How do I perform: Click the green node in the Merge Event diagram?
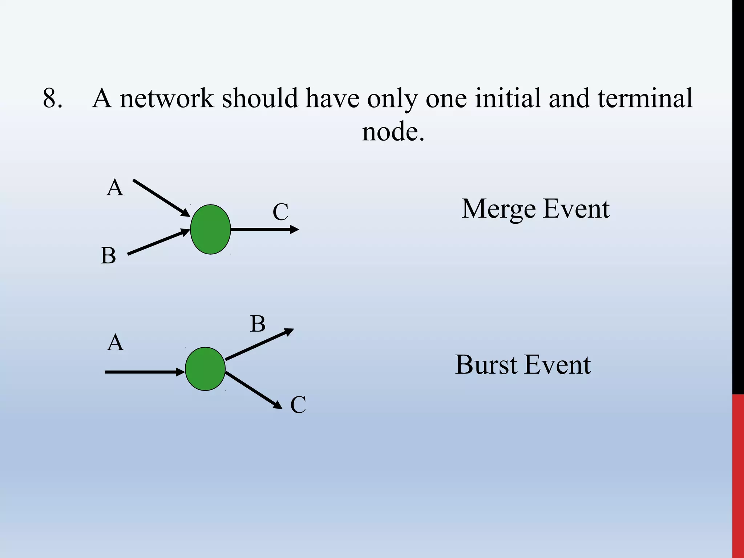tap(210, 229)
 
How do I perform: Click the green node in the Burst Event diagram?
tap(205, 369)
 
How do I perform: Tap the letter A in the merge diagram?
tap(115, 188)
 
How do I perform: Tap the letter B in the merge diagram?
tap(108, 255)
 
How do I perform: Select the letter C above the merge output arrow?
tap(280, 212)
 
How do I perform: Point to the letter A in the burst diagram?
tap(115, 343)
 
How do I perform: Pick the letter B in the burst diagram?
tap(258, 324)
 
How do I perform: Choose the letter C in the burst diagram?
tap(298, 405)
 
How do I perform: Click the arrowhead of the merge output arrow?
tap(295, 229)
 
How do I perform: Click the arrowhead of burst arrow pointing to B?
tap(290, 331)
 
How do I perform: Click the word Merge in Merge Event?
tap(498, 209)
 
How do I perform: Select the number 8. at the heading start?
tap(53, 98)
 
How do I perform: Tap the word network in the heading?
tap(167, 98)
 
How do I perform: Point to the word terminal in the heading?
tap(645, 98)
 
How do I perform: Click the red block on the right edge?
tap(738, 476)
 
